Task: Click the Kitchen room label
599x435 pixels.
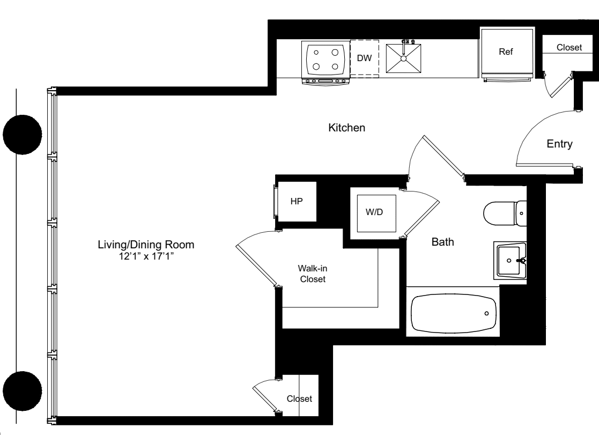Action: click(347, 128)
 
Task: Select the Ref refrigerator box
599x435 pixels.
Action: click(506, 52)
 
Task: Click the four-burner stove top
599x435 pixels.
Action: click(326, 60)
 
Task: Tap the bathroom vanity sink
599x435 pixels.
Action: click(510, 260)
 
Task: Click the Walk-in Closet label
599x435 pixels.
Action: click(313, 274)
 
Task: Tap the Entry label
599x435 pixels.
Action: click(560, 144)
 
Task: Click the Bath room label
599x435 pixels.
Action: click(443, 242)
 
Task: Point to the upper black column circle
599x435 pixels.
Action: click(22, 135)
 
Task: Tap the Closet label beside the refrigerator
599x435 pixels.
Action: click(568, 48)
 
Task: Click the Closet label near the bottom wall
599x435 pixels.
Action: click(299, 399)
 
